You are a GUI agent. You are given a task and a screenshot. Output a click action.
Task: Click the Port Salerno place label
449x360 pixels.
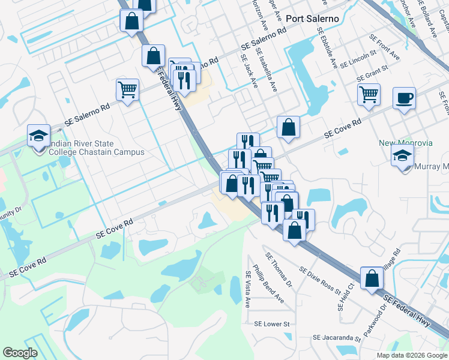coord(312,19)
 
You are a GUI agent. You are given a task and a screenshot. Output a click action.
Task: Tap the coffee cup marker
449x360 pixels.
coord(404,98)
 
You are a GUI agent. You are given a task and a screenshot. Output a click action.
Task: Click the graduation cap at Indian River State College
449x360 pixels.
coord(38,136)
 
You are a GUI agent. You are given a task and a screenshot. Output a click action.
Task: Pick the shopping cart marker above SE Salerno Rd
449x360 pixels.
coord(127,91)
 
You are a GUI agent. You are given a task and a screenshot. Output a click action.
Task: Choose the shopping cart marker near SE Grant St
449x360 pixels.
coord(369,94)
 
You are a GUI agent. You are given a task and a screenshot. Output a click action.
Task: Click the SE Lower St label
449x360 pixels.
coord(272,324)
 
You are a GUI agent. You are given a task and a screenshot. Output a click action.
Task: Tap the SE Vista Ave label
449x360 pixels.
coord(247,290)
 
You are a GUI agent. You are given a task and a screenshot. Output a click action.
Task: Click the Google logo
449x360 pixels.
coord(20,353)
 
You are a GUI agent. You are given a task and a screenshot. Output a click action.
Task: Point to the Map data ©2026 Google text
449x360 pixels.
coord(412,355)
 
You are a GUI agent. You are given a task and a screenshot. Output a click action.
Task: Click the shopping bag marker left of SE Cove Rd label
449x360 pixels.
coord(289,127)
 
